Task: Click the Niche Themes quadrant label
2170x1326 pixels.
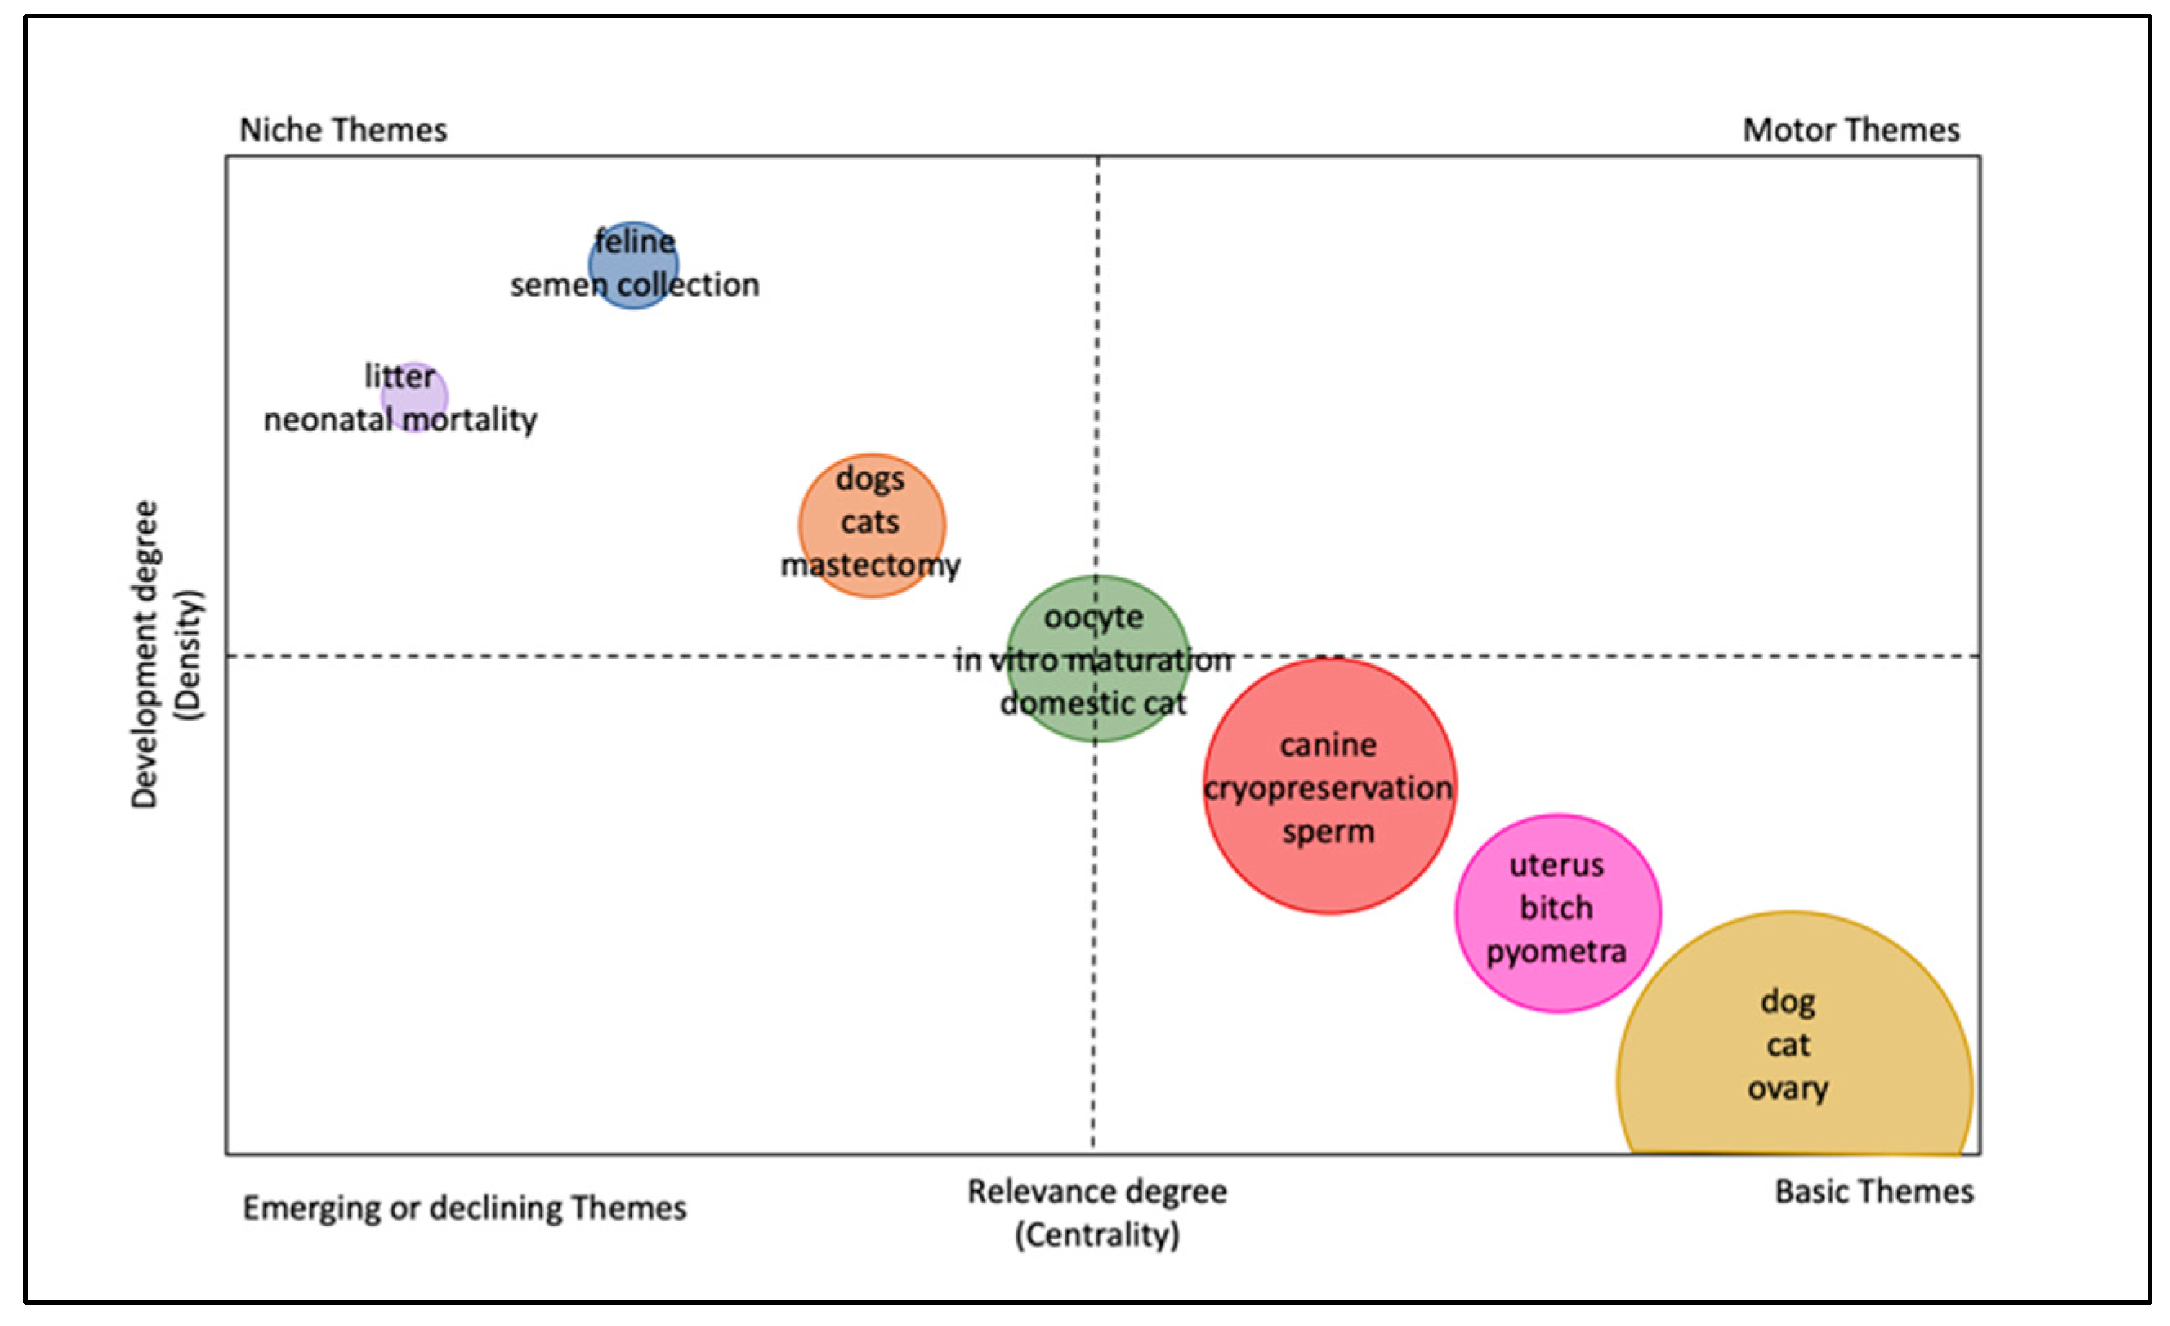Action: (343, 130)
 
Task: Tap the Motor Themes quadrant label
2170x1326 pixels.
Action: (1851, 130)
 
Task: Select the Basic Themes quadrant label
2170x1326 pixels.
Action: (1874, 1191)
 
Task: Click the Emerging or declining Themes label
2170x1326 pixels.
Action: (464, 1208)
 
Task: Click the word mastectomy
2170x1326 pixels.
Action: (870, 565)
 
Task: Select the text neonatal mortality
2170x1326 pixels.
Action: (400, 420)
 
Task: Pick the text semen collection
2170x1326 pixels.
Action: (634, 285)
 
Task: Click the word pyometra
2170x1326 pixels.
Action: (1556, 952)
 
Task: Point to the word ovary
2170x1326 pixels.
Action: (1788, 1088)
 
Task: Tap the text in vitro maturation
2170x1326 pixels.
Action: (1093, 659)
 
